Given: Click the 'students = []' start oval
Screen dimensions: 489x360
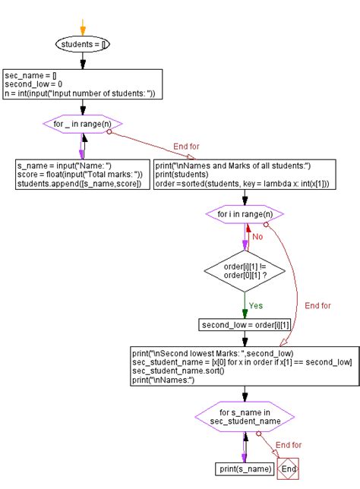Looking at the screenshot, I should click(x=83, y=45).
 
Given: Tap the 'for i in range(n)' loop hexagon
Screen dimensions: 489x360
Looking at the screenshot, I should click(x=245, y=215).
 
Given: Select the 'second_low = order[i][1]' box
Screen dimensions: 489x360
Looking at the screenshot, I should click(x=245, y=325).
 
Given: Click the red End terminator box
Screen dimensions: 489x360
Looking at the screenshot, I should click(x=288, y=468).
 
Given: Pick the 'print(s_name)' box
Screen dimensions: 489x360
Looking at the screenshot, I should click(x=245, y=468).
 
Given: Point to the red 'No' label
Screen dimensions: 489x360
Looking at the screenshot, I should click(x=257, y=236).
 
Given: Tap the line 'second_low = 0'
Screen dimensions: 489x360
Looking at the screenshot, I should click(x=34, y=84).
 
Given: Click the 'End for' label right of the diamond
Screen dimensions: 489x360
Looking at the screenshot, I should click(x=318, y=306).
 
